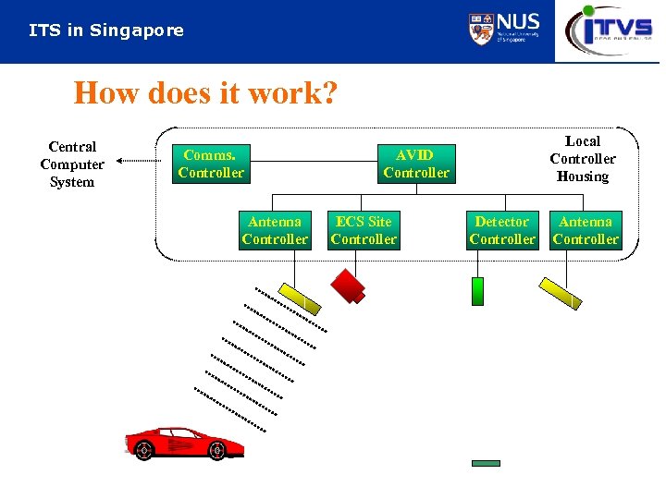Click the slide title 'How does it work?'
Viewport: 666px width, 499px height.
[205, 93]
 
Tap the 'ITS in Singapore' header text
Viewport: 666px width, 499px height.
[106, 30]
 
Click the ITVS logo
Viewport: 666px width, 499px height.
[610, 30]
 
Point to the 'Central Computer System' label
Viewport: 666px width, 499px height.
[72, 164]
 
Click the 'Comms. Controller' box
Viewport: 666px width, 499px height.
[211, 164]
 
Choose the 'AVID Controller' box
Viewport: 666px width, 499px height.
[415, 164]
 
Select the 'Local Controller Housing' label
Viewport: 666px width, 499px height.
[583, 159]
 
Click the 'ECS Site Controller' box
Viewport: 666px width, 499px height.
[364, 230]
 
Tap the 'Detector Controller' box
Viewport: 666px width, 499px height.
[502, 230]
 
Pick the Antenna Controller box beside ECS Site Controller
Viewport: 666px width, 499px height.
[275, 230]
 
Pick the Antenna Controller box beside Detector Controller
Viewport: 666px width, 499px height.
[586, 230]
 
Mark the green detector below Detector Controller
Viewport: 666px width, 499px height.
[477, 291]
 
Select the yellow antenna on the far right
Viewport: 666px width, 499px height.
[561, 293]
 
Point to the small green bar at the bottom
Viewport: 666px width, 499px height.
[486, 463]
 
